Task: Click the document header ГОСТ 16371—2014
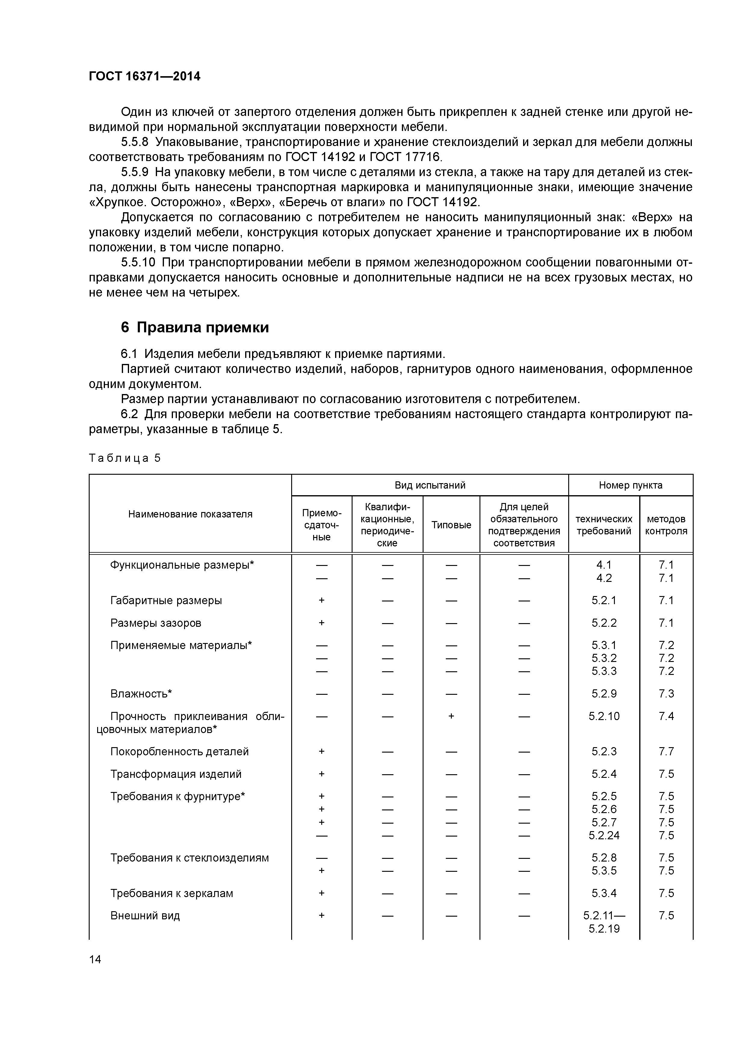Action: tap(144, 76)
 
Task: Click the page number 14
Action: tap(95, 959)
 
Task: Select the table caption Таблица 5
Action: tap(125, 458)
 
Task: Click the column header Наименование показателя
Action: tap(190, 514)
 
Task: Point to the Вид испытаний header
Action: tap(430, 485)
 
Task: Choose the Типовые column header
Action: tap(451, 525)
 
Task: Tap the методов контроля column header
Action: tap(666, 525)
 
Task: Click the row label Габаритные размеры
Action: tap(166, 600)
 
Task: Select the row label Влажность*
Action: tap(141, 694)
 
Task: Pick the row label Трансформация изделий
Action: tap(176, 774)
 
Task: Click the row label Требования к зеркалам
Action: tap(171, 893)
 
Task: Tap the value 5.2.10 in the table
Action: tap(604, 716)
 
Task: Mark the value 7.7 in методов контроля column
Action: tap(666, 752)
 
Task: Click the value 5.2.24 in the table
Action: tap(604, 835)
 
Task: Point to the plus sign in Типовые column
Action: tap(451, 716)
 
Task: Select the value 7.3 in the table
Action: tap(666, 694)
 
